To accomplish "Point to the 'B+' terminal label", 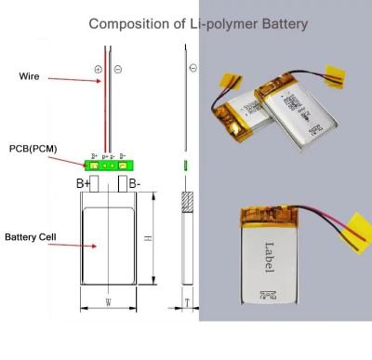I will pyautogui.click(x=83, y=183).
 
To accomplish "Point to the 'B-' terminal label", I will pyautogui.click(x=134, y=183).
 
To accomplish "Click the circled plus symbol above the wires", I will pyautogui.click(x=98, y=69).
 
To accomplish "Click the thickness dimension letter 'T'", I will pyautogui.click(x=187, y=302).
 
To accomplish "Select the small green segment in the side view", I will pyautogui.click(x=187, y=166).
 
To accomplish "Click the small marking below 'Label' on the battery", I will pyautogui.click(x=269, y=296).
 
